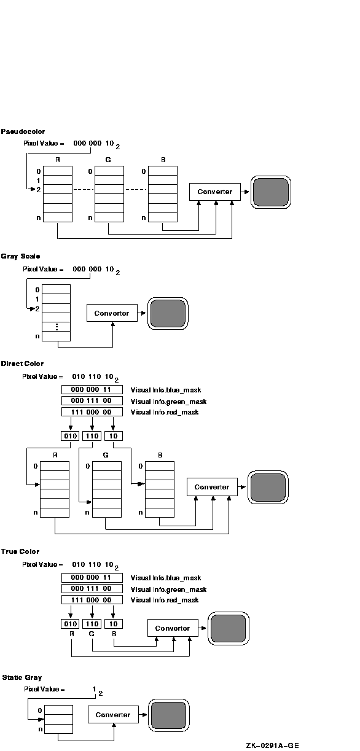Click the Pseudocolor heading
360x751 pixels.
click(23, 131)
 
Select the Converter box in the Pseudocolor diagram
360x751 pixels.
click(215, 192)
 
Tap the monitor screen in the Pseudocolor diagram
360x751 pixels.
click(271, 192)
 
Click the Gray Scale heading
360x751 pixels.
click(20, 257)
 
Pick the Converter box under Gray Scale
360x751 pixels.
click(112, 313)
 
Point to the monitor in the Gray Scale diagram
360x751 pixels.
click(168, 313)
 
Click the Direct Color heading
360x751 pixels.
click(22, 364)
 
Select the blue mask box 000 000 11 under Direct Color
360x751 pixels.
click(92, 389)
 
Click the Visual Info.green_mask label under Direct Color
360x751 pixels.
click(168, 402)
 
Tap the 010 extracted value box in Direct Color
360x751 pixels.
click(70, 436)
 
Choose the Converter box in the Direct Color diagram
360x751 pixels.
click(212, 487)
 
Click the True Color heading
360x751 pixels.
click(20, 551)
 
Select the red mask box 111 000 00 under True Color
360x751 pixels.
click(92, 600)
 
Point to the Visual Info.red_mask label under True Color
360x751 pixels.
click(165, 600)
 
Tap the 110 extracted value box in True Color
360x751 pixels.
click(92, 624)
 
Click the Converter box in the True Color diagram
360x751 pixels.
click(173, 628)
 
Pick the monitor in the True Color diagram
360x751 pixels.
click(229, 629)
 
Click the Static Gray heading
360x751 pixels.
click(22, 677)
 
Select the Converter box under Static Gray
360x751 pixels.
click(114, 714)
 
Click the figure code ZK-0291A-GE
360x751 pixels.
click(272, 745)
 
